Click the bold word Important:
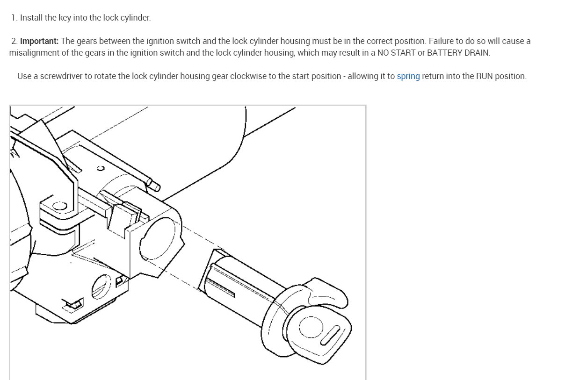[39, 41]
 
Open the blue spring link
[408, 76]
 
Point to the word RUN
[484, 76]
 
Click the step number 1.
[14, 18]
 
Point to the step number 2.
[14, 41]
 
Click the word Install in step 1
[31, 18]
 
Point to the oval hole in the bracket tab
[59, 205]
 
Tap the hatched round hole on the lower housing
[101, 286]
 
